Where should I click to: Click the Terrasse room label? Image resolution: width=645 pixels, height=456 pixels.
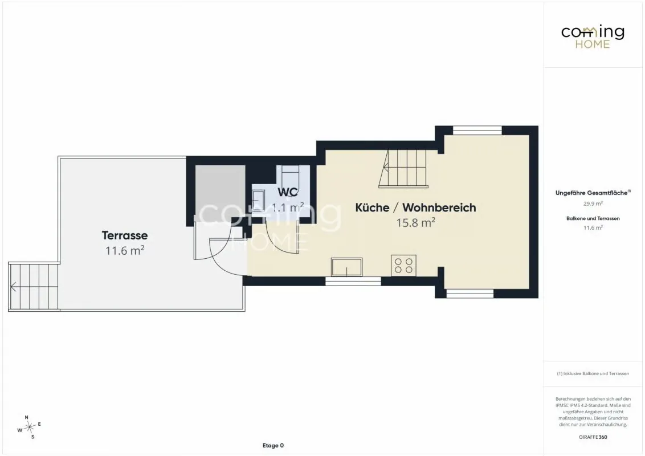click(125, 235)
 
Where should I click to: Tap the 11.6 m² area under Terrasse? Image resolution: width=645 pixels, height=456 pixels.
click(125, 250)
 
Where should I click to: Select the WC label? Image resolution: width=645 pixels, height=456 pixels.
click(288, 192)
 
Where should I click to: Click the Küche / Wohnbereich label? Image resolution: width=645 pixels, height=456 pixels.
click(415, 207)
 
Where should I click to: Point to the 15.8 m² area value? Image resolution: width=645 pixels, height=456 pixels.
click(415, 222)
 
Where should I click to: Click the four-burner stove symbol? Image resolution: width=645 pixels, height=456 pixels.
click(403, 266)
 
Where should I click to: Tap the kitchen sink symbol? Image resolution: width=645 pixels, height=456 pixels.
click(347, 267)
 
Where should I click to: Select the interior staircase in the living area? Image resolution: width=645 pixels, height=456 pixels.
click(403, 169)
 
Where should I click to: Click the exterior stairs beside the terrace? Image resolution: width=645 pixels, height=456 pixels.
click(34, 287)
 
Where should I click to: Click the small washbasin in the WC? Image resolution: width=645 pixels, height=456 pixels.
click(258, 201)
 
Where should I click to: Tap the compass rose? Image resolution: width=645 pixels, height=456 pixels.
click(29, 427)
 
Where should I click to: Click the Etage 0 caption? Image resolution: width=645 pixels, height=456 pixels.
click(273, 445)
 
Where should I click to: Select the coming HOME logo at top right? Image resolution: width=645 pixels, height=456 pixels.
click(593, 36)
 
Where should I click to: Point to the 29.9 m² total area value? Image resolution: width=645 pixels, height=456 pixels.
click(593, 203)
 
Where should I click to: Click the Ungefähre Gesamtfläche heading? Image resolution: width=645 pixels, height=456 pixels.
click(593, 193)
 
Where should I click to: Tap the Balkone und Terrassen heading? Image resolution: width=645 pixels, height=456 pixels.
click(593, 218)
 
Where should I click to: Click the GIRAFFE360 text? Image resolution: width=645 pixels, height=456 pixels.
click(593, 437)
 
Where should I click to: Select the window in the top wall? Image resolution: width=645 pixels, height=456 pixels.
click(477, 131)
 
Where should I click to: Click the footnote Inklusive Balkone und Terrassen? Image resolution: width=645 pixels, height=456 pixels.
click(593, 374)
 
